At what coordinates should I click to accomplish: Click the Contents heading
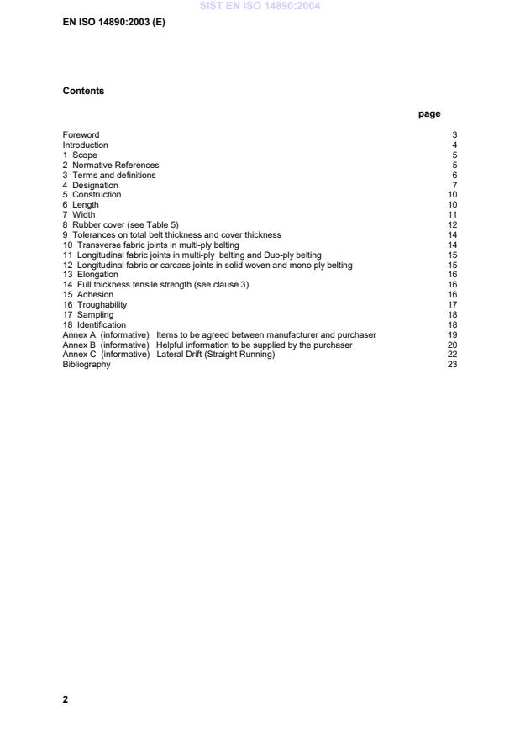pos(83,91)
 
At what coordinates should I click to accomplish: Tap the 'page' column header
pos(428,114)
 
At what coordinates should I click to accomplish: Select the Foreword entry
pos(81,134)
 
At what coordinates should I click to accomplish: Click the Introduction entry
pos(85,145)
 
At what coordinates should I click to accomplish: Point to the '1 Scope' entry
pos(80,155)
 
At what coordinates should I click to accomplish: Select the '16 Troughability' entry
pos(95,304)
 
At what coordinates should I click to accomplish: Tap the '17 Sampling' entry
pos(88,314)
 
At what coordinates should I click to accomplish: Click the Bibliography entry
pos(87,365)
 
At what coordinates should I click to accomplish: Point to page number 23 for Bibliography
pos(452,365)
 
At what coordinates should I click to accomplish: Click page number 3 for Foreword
pos(454,134)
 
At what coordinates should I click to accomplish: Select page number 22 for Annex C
pos(452,355)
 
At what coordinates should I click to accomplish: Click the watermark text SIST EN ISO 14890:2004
pos(260,6)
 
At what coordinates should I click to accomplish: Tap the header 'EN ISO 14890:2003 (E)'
pos(114,23)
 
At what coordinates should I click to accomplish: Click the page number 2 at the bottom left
pos(66,699)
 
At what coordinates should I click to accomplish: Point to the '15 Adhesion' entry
pos(87,295)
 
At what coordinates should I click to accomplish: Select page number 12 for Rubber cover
pos(452,224)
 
